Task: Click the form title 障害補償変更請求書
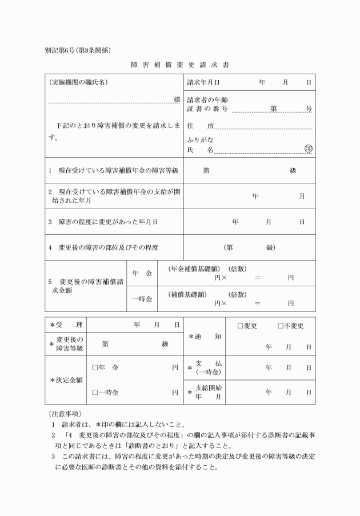click(x=179, y=65)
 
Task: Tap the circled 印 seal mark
click(x=309, y=149)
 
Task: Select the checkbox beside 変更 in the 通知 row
click(x=241, y=326)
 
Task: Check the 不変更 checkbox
click(x=281, y=326)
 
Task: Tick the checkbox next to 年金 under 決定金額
click(x=95, y=368)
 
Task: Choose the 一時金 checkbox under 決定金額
click(x=95, y=393)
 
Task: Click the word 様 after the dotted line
click(x=177, y=100)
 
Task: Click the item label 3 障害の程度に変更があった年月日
click(x=103, y=221)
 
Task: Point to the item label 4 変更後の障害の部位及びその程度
click(x=103, y=247)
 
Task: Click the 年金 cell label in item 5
click(x=142, y=274)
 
